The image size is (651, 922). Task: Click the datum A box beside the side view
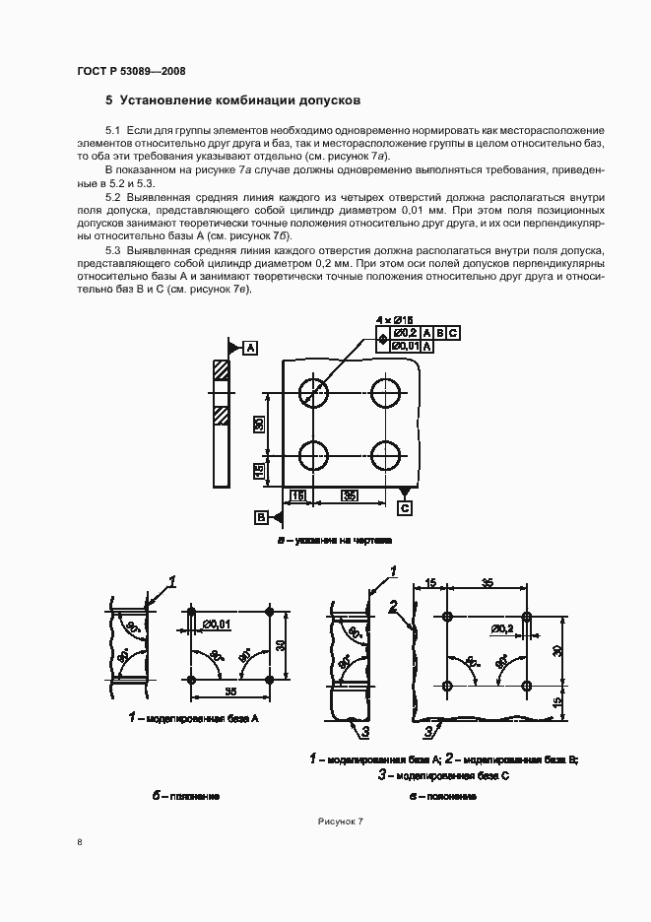pyautogui.click(x=250, y=349)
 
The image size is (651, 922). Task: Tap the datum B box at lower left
pyautogui.click(x=262, y=516)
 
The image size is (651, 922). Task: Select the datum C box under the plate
pyautogui.click(x=405, y=507)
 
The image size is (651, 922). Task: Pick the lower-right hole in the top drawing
pyautogui.click(x=387, y=455)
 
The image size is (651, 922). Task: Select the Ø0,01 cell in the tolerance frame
pyautogui.click(x=406, y=348)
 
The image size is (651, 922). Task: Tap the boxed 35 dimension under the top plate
pyautogui.click(x=350, y=494)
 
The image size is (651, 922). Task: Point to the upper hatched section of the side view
pyautogui.click(x=222, y=371)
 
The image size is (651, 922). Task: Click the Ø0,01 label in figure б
pyautogui.click(x=217, y=624)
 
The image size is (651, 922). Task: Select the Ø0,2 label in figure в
pyautogui.click(x=502, y=627)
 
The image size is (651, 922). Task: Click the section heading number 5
pyautogui.click(x=109, y=100)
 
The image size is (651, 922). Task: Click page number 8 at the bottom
pyautogui.click(x=80, y=842)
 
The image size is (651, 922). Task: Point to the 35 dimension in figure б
pyautogui.click(x=230, y=691)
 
